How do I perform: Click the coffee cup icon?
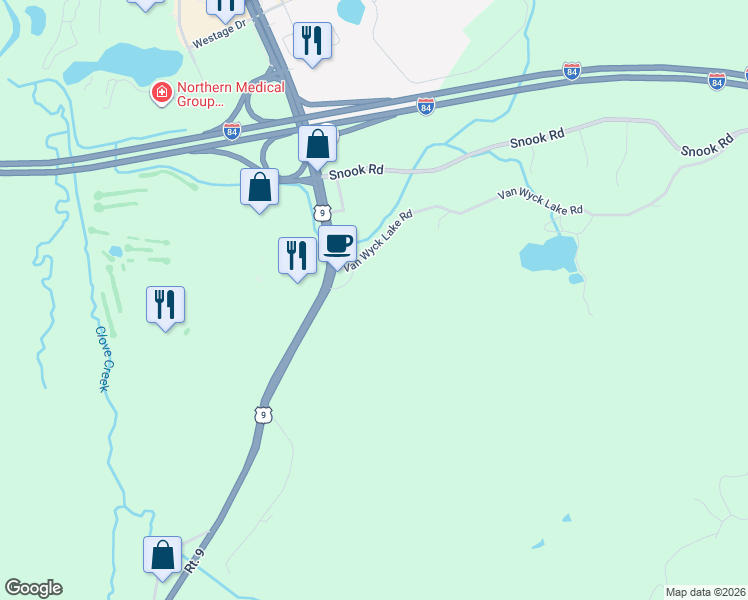point(338,242)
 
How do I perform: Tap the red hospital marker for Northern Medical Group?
point(160,93)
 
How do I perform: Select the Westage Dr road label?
point(218,36)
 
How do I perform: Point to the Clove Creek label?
point(101,359)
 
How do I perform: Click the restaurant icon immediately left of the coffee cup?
point(296,254)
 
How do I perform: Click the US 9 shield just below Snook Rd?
point(321,212)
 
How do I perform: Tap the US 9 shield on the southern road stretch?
point(263,414)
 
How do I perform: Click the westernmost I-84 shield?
point(231,131)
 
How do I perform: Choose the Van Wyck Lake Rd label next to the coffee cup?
point(379,241)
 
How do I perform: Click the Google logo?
point(33,588)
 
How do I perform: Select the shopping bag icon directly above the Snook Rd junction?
point(317,144)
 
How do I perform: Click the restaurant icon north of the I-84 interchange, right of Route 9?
point(312,41)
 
